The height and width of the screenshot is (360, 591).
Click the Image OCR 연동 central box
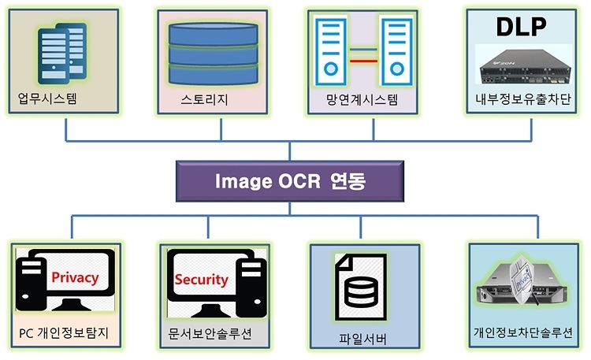[x=290, y=180]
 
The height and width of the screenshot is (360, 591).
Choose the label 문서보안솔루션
[x=210, y=332]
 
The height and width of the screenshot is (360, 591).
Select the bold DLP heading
[x=522, y=25]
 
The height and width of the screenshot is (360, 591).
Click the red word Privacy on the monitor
[x=74, y=277]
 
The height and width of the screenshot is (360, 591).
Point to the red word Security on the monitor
[x=201, y=279]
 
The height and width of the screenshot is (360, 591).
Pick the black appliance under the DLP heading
[x=522, y=65]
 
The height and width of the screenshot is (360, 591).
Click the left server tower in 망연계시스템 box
[x=330, y=54]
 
